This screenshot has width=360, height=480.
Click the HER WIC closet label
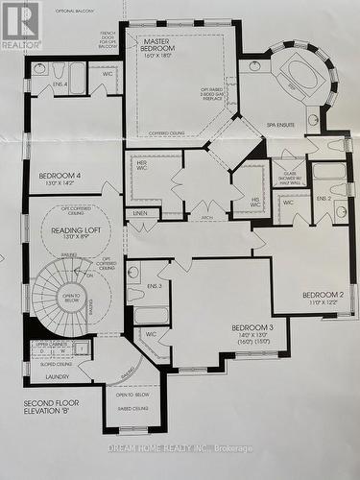[142, 165]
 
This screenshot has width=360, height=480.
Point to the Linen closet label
[141, 212]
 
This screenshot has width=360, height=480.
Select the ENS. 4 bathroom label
[60, 85]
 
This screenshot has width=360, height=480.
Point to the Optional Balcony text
[78, 11]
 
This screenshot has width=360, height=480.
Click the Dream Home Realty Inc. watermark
[193, 448]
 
